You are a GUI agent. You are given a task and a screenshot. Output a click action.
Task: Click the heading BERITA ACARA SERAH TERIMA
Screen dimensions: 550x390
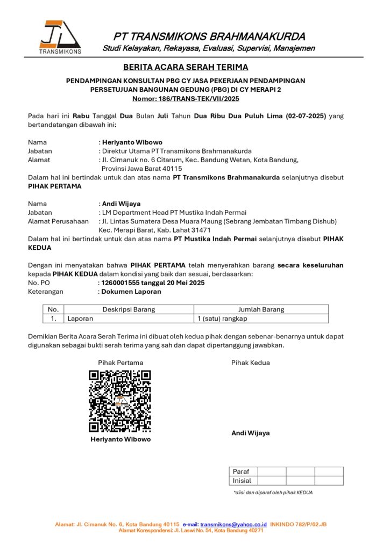click(x=186, y=67)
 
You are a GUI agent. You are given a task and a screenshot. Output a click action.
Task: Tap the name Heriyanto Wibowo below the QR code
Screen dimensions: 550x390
click(x=120, y=439)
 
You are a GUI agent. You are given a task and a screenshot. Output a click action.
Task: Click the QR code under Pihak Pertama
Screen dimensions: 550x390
click(x=119, y=401)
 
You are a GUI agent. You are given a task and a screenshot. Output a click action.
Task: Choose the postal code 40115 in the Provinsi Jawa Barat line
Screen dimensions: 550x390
click(x=171, y=168)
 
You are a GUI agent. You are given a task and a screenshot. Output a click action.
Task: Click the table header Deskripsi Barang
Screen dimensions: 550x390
click(x=129, y=309)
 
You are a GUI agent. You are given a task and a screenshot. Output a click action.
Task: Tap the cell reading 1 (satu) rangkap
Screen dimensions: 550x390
click(x=222, y=318)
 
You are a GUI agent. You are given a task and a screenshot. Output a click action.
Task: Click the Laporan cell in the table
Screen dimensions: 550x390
click(x=80, y=318)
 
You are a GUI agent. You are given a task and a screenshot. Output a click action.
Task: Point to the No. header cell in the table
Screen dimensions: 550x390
click(x=53, y=309)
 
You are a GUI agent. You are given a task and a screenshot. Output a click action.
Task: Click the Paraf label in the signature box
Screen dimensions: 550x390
click(x=241, y=472)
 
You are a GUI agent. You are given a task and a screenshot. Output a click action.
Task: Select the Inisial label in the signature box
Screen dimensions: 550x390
click(x=242, y=481)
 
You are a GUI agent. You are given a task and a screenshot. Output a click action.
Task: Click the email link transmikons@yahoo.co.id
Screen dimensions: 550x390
click(x=233, y=524)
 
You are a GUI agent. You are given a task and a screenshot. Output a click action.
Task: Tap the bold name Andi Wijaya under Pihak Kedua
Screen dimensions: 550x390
click(x=251, y=433)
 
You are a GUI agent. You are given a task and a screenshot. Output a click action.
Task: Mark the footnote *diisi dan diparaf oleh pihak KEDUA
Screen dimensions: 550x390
click(x=273, y=492)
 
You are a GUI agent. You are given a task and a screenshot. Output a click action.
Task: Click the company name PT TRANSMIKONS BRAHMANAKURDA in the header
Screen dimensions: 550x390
click(x=209, y=37)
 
